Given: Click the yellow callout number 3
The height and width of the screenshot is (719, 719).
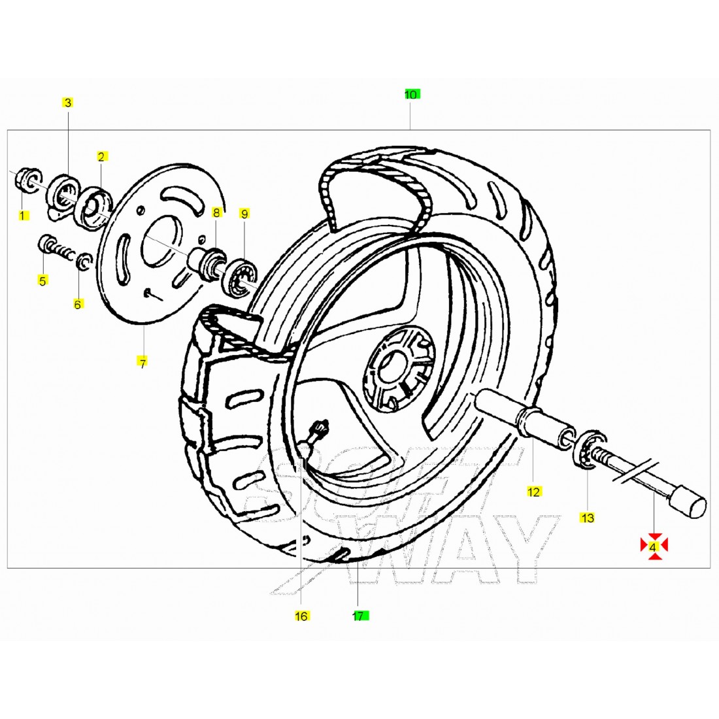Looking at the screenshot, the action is [68, 102].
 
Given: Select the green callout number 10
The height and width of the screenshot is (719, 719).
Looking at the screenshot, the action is [411, 95].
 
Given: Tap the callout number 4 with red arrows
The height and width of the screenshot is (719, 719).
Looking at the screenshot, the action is [654, 546].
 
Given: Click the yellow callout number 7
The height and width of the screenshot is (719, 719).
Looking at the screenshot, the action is [142, 363].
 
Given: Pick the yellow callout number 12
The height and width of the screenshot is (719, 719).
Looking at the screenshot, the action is [534, 492].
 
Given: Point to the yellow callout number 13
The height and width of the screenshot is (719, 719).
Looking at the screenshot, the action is [587, 518].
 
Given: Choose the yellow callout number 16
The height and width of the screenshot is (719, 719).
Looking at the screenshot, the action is [301, 616].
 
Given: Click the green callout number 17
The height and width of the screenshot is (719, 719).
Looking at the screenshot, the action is [360, 616].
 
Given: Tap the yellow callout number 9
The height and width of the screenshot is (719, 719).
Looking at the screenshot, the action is [244, 214].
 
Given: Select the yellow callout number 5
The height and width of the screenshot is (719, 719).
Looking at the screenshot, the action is [42, 280].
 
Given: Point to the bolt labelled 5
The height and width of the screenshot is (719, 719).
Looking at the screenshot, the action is [56, 248].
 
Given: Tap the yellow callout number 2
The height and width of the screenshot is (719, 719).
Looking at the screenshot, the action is [101, 156].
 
